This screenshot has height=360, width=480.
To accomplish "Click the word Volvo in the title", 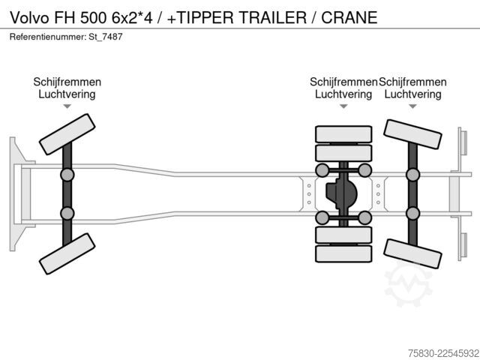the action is (29, 17).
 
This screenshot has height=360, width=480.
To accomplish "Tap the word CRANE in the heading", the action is (349, 17).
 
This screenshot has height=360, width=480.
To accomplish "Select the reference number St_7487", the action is (106, 37).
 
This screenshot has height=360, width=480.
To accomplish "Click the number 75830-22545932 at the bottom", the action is (443, 353).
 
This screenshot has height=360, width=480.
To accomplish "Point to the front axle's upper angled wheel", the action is (67, 134).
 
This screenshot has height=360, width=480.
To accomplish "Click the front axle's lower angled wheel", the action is (67, 253).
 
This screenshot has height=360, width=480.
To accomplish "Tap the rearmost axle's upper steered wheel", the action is (412, 134).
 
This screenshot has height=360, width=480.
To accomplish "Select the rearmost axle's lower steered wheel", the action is (412, 253).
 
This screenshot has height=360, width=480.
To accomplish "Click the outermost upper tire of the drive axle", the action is (343, 134).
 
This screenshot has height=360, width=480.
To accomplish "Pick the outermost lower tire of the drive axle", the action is (343, 253).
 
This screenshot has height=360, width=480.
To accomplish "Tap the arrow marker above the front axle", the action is (67, 106).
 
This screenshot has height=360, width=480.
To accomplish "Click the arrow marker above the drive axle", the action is (343, 106).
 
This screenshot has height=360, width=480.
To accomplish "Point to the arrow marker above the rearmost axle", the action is (412, 106).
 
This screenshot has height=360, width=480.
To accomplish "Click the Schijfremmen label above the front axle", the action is (67, 82).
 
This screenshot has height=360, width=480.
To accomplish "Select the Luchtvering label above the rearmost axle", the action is (412, 94).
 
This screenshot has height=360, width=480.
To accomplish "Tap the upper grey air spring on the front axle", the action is (67, 175).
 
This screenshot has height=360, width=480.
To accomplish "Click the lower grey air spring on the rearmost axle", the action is (412, 213).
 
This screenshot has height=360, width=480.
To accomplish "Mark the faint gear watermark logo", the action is (408, 283).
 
